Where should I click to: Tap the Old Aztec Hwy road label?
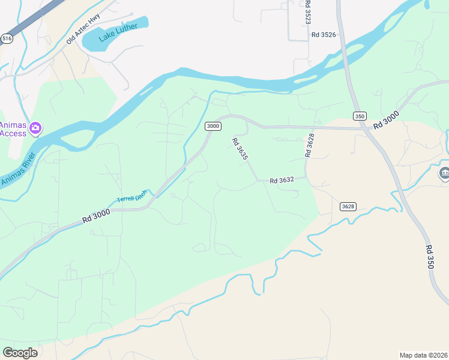[83, 29]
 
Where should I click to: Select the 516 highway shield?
[7, 38]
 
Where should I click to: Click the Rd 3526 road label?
[324, 35]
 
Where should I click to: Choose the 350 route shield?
[359, 116]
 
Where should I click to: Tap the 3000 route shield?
[213, 126]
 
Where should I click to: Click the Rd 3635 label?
[240, 148]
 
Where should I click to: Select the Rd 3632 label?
[282, 180]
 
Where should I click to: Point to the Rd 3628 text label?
[310, 145]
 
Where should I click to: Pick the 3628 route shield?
[348, 206]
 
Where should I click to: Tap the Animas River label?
[18, 170]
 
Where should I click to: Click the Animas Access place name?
[13, 129]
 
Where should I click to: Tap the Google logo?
[20, 353]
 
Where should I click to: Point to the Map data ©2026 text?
[423, 355]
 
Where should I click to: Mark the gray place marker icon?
[444, 174]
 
